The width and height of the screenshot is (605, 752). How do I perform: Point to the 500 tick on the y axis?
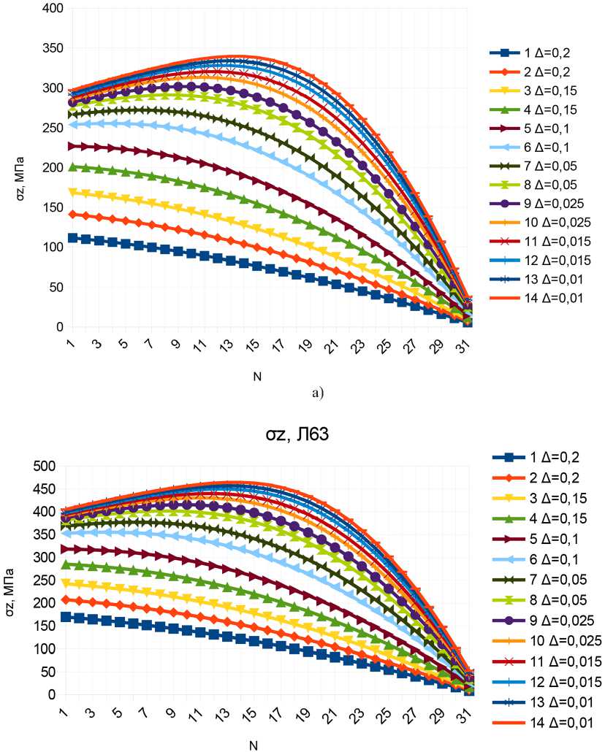point(46,467)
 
